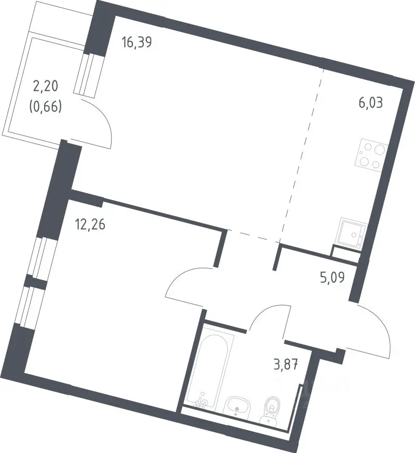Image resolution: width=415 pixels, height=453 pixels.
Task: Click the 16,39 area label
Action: pyautogui.click(x=136, y=43)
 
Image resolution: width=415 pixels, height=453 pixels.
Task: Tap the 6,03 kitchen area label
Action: pyautogui.click(x=370, y=103)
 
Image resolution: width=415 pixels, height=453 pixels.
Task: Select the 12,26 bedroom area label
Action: pyautogui.click(x=90, y=225)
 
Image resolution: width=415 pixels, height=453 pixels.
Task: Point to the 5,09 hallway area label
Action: pyautogui.click(x=332, y=278)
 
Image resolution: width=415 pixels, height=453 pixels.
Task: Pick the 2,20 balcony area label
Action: pyautogui.click(x=46, y=86)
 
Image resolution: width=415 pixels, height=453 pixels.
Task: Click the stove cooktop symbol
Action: pyautogui.click(x=372, y=156)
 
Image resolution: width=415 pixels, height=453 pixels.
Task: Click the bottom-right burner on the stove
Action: pyautogui.click(x=376, y=165)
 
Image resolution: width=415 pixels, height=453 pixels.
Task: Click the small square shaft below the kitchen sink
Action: pyautogui.click(x=345, y=254)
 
